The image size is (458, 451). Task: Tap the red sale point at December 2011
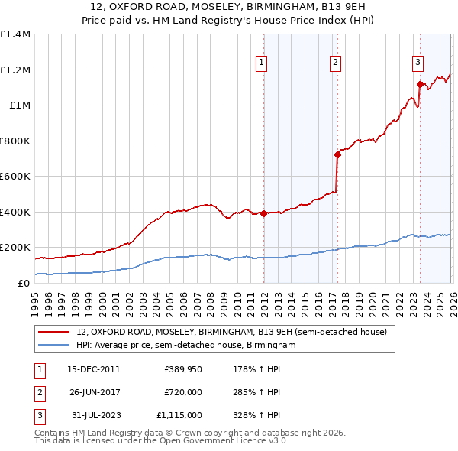click(x=263, y=214)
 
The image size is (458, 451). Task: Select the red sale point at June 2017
click(x=337, y=154)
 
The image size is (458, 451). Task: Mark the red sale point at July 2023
click(x=420, y=84)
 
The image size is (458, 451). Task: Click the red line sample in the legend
click(x=53, y=332)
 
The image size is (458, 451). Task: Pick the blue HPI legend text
click(x=185, y=346)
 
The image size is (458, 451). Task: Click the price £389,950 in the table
click(x=183, y=368)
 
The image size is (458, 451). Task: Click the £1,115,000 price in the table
click(x=179, y=415)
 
